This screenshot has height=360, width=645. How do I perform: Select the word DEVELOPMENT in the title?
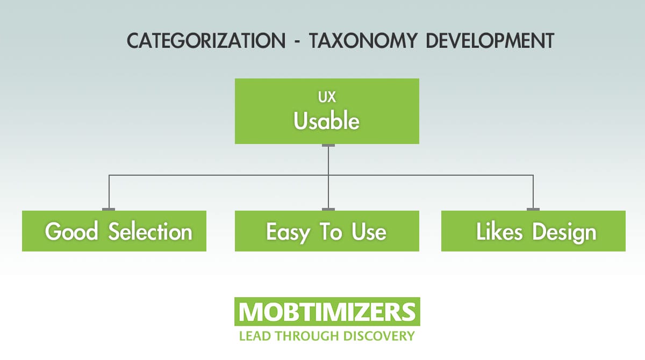pyautogui.click(x=490, y=41)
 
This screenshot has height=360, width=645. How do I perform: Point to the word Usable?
pyautogui.click(x=326, y=121)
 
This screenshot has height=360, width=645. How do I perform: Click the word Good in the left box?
pyautogui.click(x=71, y=232)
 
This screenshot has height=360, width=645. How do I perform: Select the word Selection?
pyautogui.click(x=150, y=232)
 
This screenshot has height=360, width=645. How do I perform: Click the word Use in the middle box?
pyautogui.click(x=369, y=232)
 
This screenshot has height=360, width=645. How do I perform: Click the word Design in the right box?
pyautogui.click(x=564, y=232)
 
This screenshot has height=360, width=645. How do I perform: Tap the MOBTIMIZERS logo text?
pyautogui.click(x=327, y=312)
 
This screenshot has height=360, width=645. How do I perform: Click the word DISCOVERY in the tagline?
pyautogui.click(x=378, y=336)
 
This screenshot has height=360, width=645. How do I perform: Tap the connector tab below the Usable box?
pyautogui.click(x=328, y=146)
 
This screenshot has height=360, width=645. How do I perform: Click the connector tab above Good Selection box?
pyautogui.click(x=109, y=209)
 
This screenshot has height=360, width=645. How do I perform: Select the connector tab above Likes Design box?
pyautogui.click(x=533, y=209)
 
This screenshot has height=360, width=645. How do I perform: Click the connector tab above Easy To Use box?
pyautogui.click(x=328, y=209)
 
